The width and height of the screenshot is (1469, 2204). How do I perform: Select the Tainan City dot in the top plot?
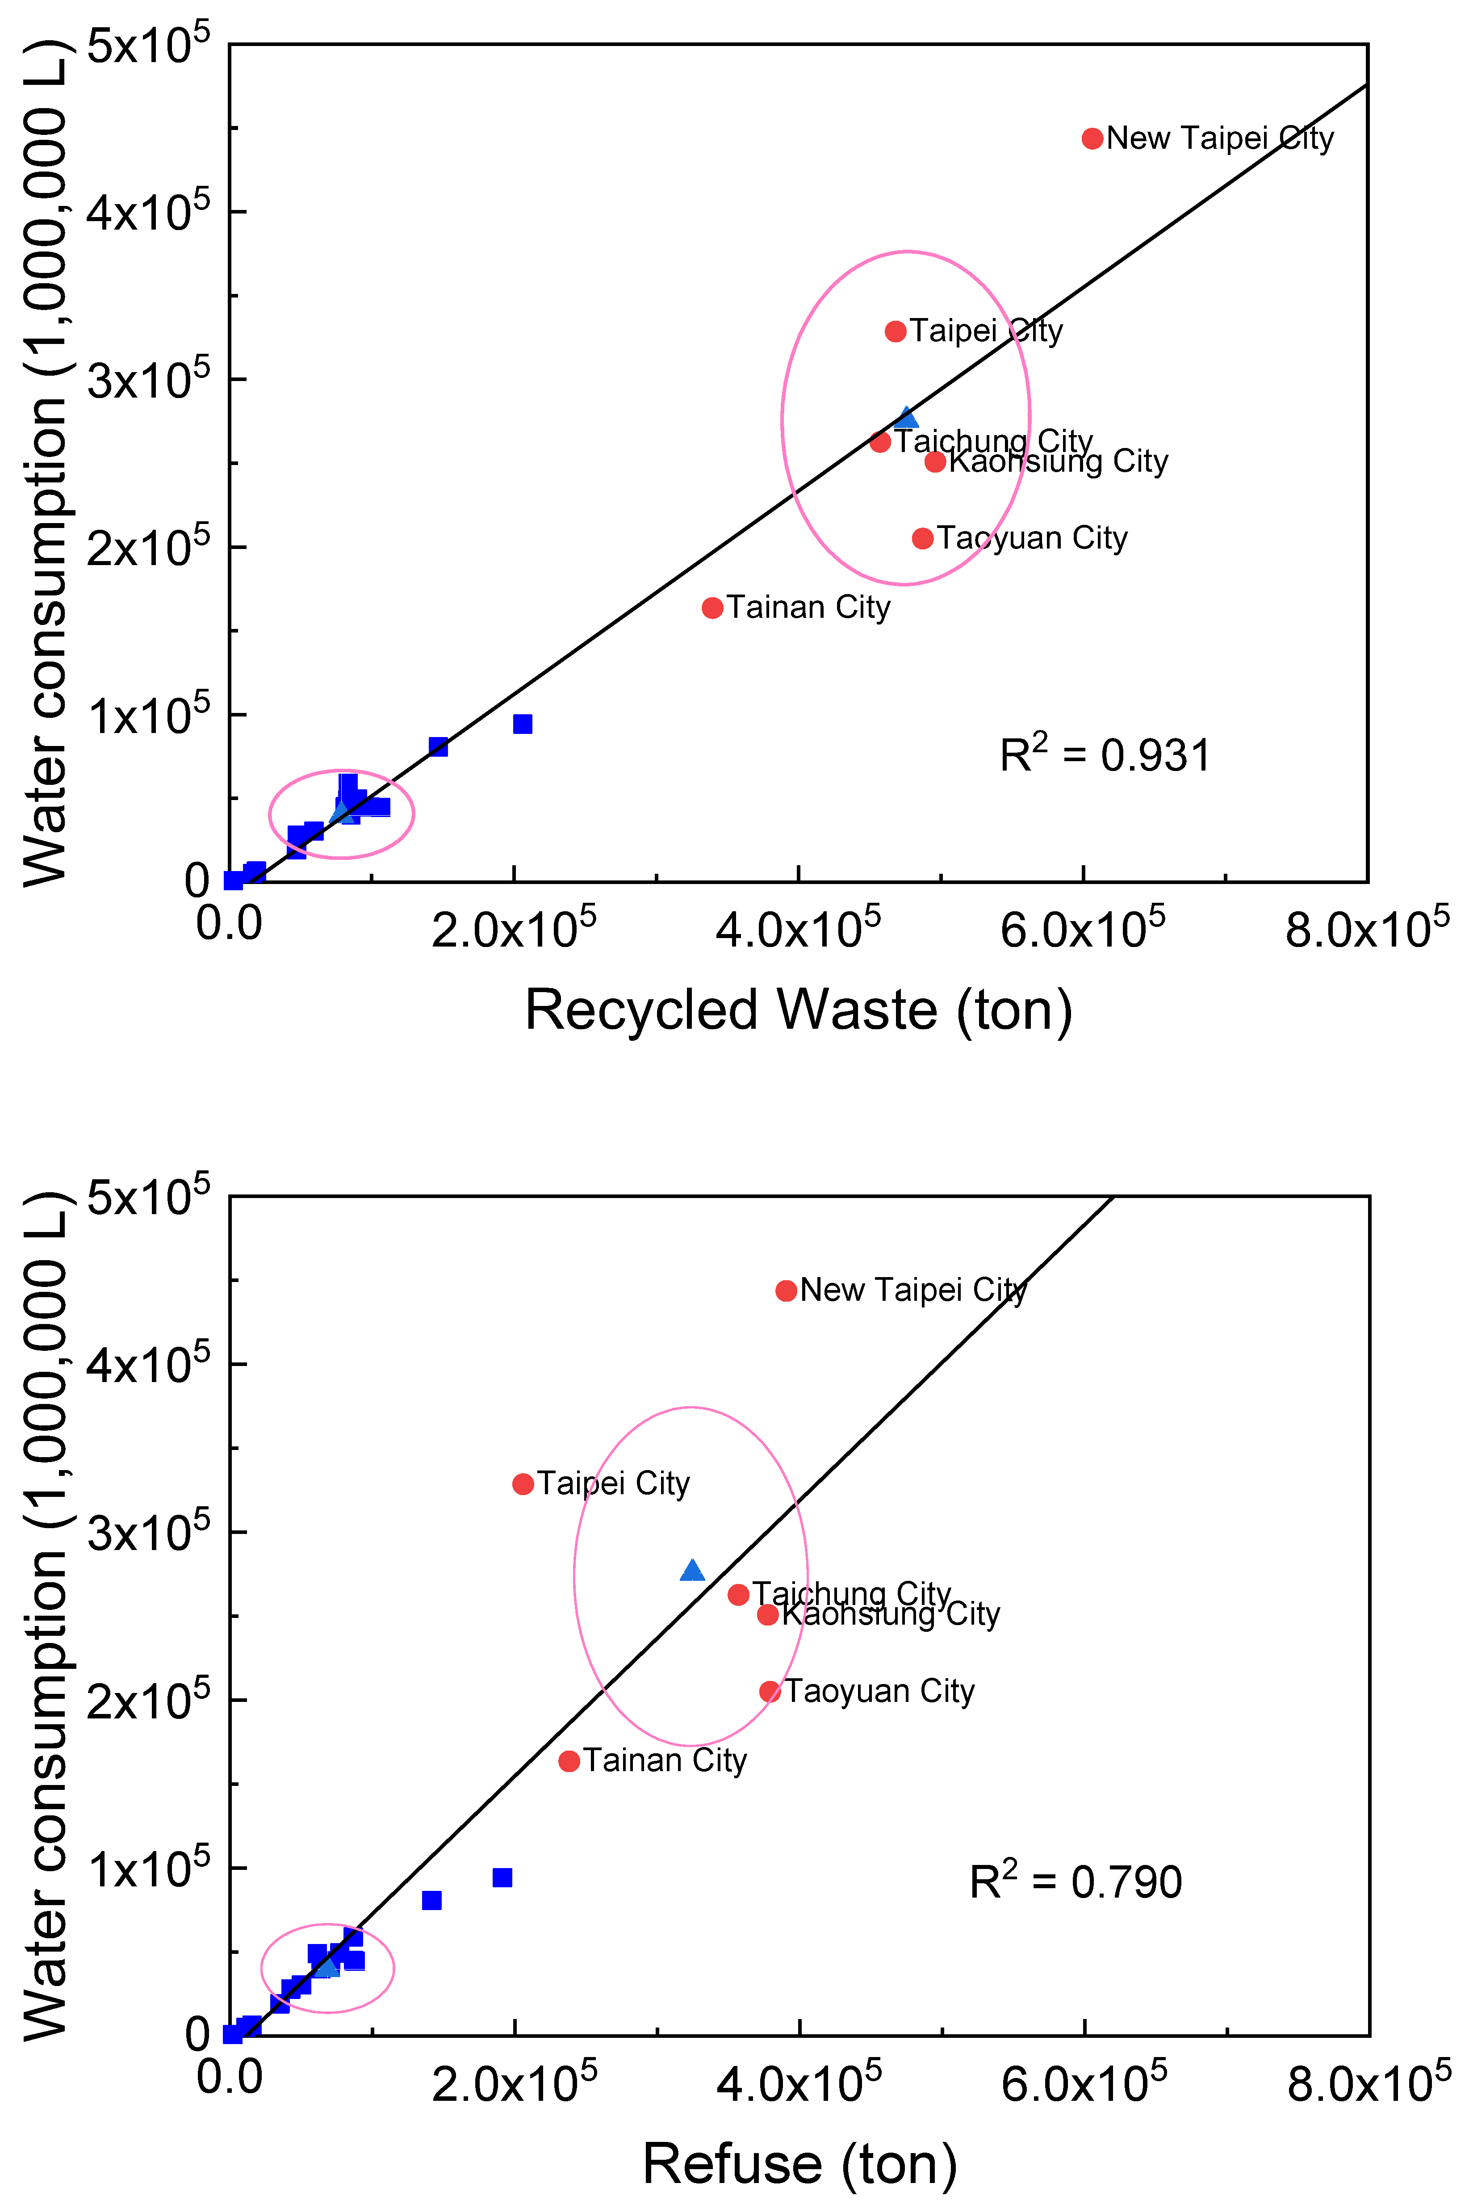pos(712,608)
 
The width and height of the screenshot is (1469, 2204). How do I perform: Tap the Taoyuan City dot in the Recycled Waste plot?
pos(923,538)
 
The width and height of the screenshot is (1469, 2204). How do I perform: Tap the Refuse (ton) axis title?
pos(799,2164)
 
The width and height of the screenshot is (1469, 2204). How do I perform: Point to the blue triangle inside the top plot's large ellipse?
pos(906,418)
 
